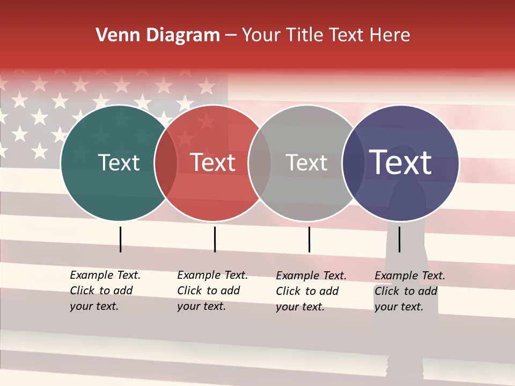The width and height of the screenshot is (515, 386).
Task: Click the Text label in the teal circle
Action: click(x=119, y=162)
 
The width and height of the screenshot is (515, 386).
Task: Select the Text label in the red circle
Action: click(x=213, y=162)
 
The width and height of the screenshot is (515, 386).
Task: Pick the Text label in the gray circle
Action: click(x=307, y=162)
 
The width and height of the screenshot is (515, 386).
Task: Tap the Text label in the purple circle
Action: click(x=401, y=162)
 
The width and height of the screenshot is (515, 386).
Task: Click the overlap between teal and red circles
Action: click(x=166, y=163)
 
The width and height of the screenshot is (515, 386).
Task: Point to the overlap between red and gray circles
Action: click(x=260, y=163)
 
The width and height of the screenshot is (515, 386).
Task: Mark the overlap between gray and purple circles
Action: click(x=354, y=163)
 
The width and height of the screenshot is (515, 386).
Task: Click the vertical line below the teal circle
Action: click(x=121, y=239)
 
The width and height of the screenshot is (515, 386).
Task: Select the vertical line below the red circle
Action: click(x=215, y=239)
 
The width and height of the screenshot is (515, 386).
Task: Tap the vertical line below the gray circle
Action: click(x=309, y=239)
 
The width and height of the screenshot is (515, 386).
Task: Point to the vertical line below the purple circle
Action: click(x=400, y=239)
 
